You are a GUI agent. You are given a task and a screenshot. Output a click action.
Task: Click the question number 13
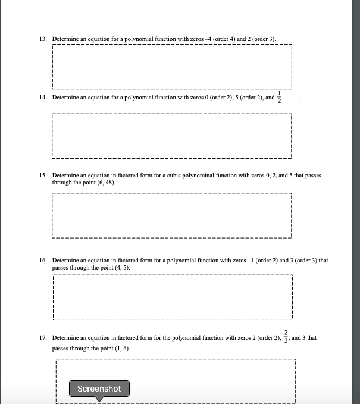pyautogui.click(x=43, y=39)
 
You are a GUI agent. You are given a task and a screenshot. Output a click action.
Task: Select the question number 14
pyautogui.click(x=43, y=97)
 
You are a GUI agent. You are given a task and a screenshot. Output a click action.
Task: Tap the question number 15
pyautogui.click(x=43, y=176)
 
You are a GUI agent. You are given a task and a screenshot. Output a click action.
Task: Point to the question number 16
pyautogui.click(x=43, y=261)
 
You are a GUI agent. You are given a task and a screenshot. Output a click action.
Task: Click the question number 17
pyautogui.click(x=43, y=338)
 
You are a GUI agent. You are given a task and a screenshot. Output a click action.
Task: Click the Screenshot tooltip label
pyautogui.click(x=99, y=389)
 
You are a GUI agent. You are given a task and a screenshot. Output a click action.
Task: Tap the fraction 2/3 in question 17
pyautogui.click(x=286, y=337)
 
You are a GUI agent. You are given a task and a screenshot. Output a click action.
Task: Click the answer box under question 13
pyautogui.click(x=172, y=66)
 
